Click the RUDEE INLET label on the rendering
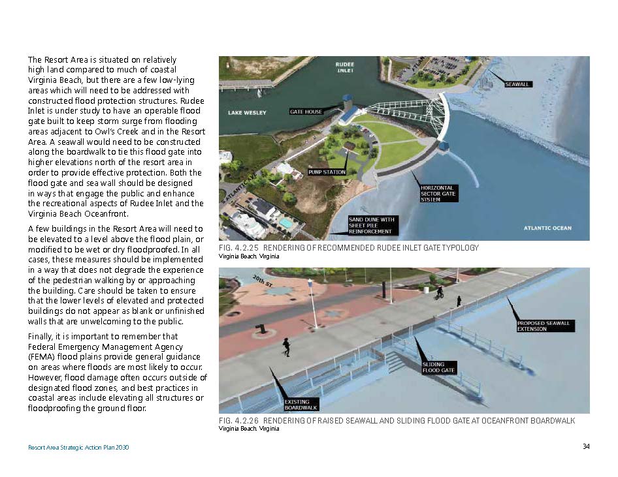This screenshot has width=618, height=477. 344,67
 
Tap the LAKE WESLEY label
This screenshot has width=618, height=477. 247,113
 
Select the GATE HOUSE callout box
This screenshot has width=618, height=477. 306,112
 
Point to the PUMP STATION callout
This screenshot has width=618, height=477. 326,172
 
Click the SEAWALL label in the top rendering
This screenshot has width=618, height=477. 517,84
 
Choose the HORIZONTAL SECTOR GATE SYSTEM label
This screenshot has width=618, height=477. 437,193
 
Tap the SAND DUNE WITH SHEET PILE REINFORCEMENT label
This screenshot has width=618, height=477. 370,225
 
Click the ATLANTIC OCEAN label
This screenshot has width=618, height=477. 547,228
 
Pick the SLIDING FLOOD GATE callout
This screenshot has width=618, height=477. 438,367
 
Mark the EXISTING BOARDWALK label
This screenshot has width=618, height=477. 301,404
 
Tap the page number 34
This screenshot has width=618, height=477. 586,447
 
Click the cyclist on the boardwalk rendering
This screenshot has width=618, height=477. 440,293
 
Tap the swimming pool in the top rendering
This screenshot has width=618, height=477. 285,223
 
